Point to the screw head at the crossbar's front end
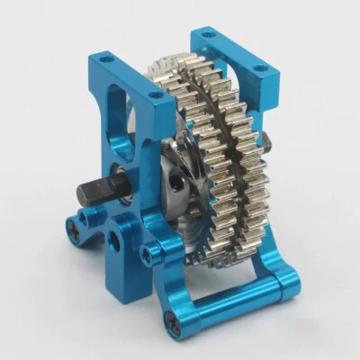pyautogui.click(x=174, y=327)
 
